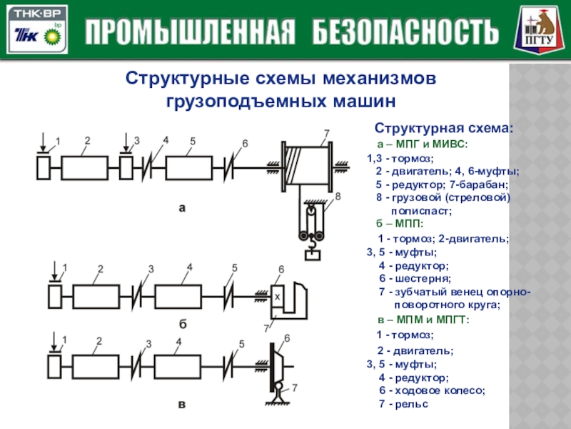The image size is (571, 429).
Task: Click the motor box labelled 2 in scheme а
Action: (85, 168)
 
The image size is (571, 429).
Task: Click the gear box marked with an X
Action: (278, 295)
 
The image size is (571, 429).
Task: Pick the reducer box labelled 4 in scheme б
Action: (189, 295)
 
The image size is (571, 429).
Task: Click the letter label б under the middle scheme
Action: (182, 323)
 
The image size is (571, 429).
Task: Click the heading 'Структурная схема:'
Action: (443, 129)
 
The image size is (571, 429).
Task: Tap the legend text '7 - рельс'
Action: (403, 404)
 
